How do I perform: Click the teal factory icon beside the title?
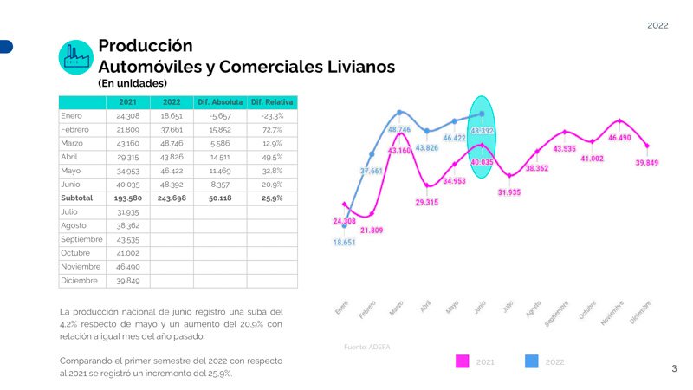pos(75,56)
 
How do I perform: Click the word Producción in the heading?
pos(146,45)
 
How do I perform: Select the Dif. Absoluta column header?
pos(220,102)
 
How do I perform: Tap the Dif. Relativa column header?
pos(272,102)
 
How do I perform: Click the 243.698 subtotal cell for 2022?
pos(171,198)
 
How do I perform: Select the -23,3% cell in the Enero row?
pos(272,115)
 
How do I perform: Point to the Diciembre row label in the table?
pos(79,281)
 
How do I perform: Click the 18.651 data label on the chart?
pos(345,243)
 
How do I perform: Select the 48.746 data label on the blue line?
pos(399,129)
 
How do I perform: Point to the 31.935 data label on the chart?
pos(508,192)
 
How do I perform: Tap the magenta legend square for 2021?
pos(463,361)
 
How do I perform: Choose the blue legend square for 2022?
pos(532,361)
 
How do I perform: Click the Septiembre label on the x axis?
pos(557,314)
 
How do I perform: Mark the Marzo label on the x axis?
pos(396,309)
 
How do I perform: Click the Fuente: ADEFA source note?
pos(367,347)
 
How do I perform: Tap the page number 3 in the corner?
pos(674,369)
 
